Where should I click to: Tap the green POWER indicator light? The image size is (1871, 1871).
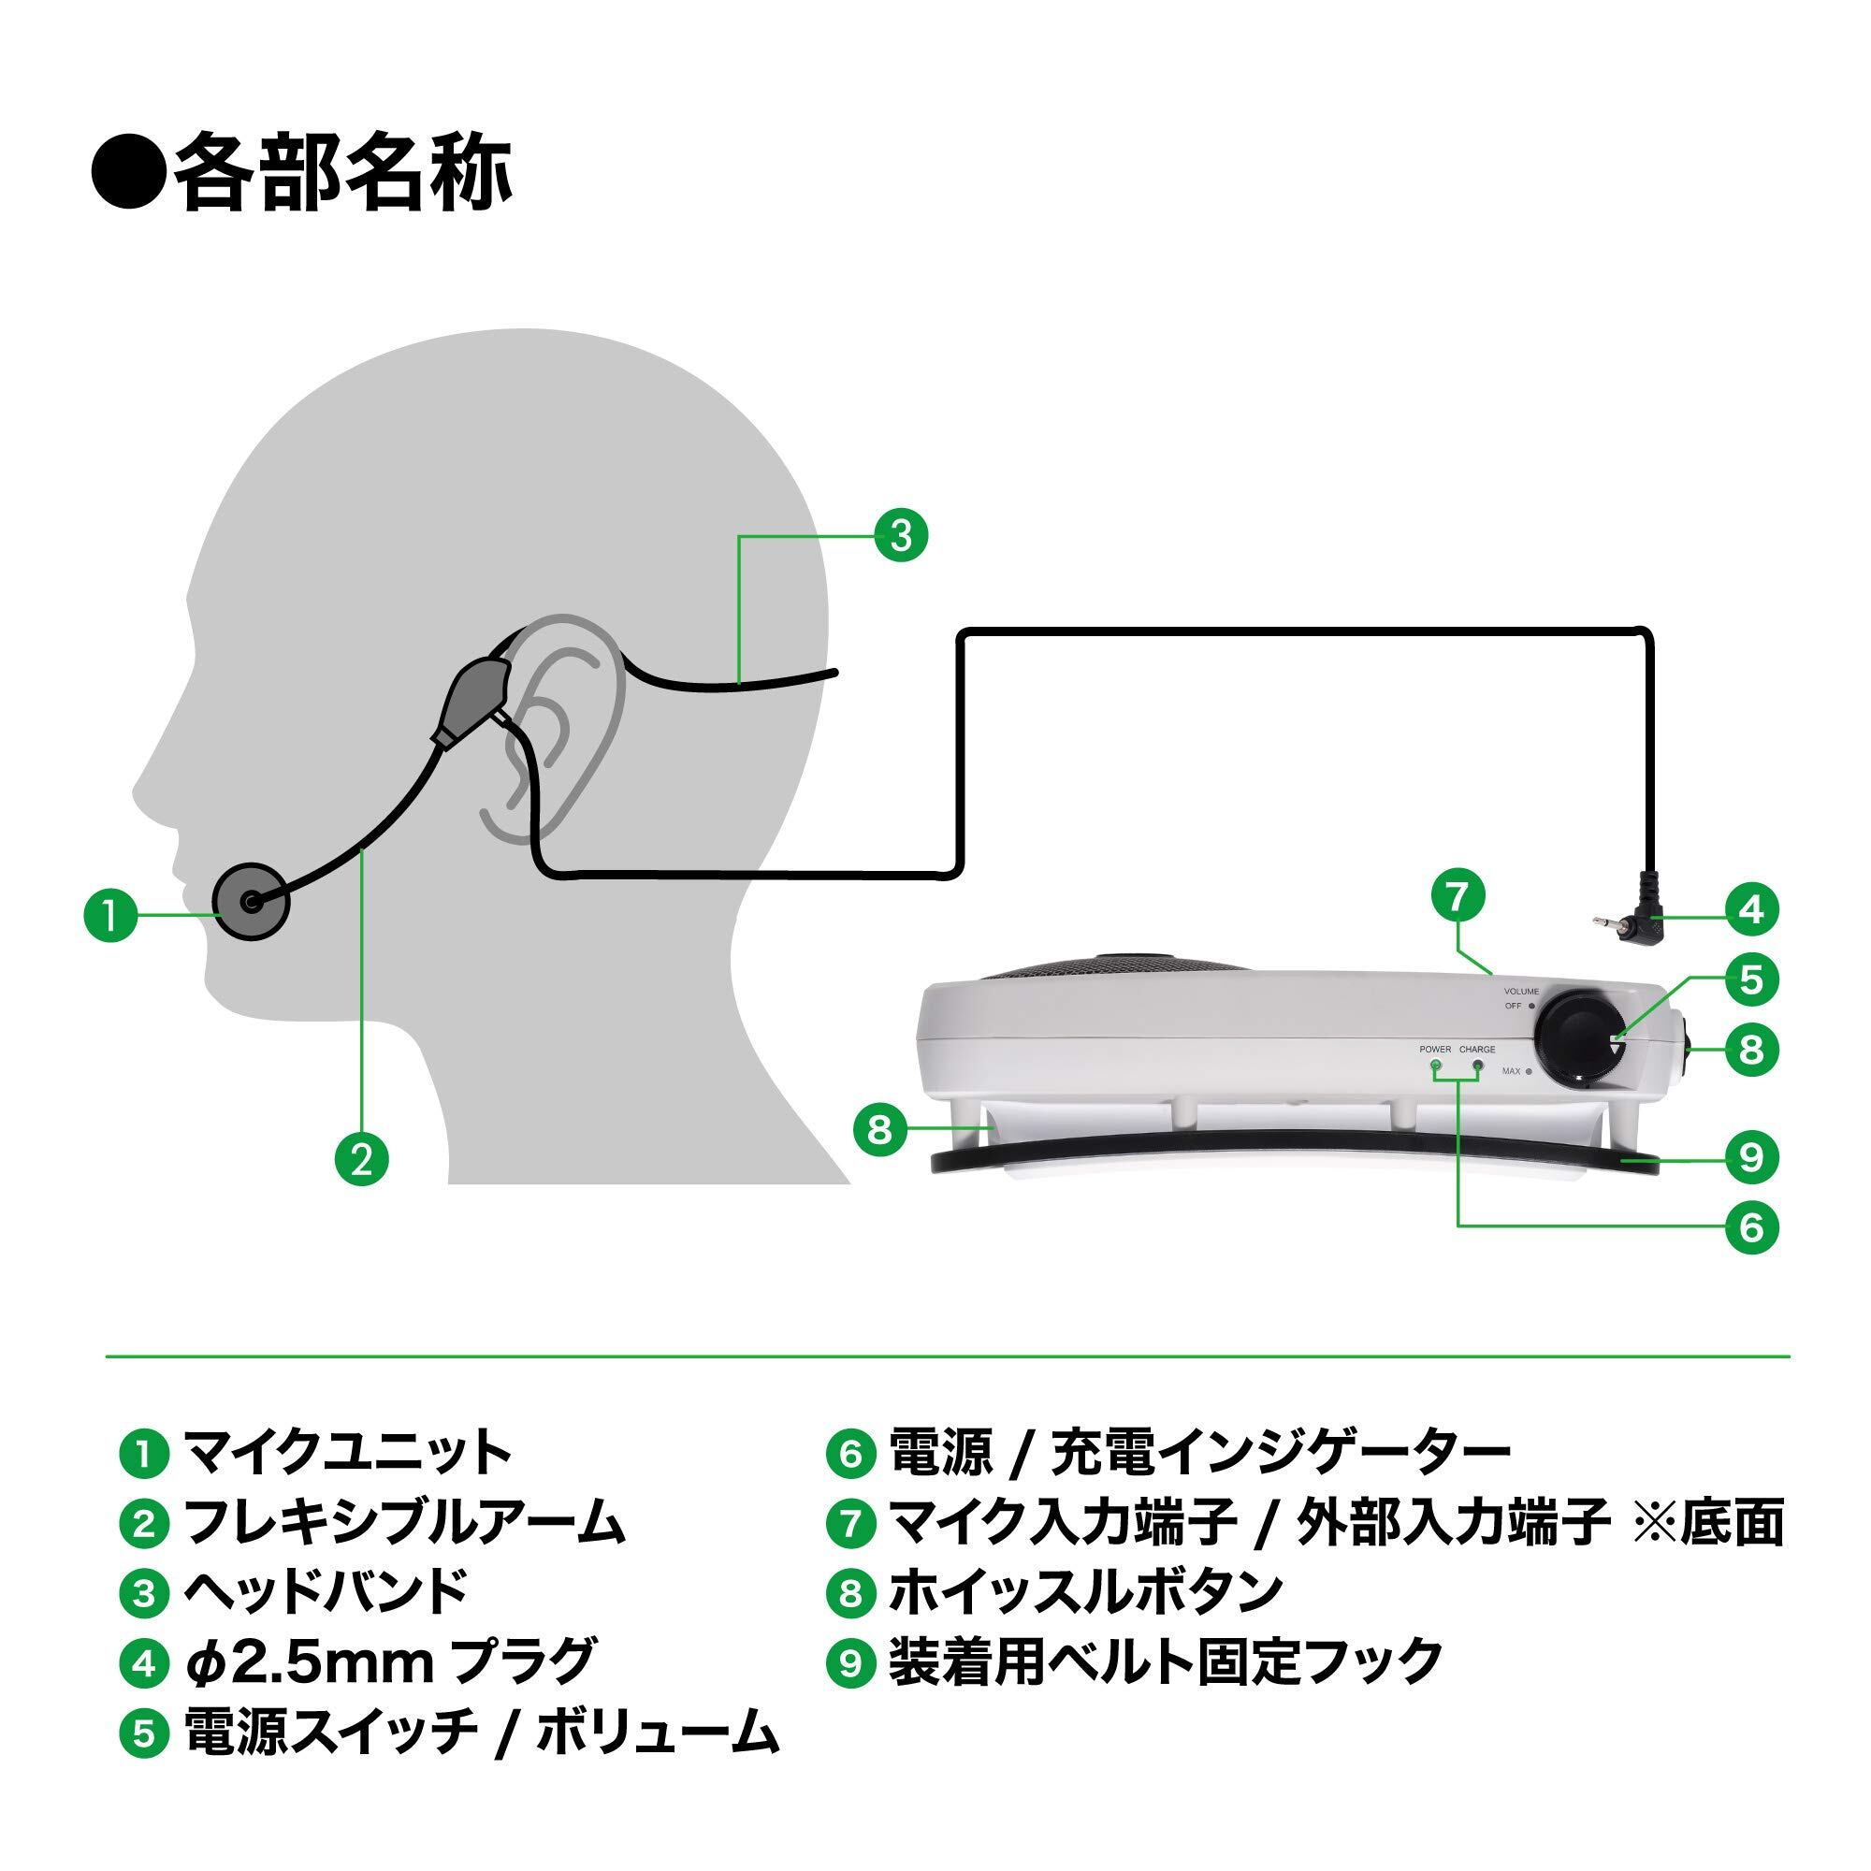[1435, 1066]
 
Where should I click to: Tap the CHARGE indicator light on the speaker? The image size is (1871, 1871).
[1478, 1066]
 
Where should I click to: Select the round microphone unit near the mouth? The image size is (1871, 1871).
[252, 901]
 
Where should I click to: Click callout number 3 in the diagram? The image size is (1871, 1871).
[901, 534]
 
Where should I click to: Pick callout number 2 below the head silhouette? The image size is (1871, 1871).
[361, 1159]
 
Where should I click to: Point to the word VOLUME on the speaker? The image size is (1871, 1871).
[1520, 992]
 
